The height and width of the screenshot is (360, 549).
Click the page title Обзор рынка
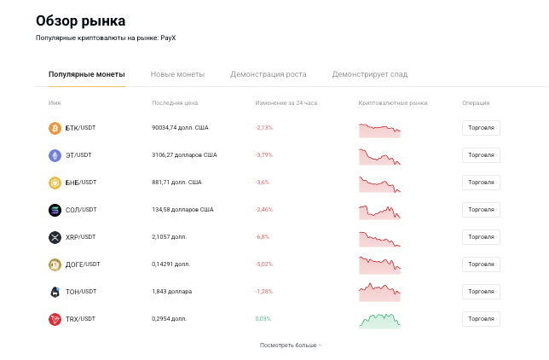click(80, 20)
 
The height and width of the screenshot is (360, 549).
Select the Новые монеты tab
click(177, 74)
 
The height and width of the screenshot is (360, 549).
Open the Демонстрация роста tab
click(268, 74)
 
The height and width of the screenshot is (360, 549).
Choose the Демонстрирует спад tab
click(369, 74)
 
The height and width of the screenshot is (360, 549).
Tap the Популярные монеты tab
click(86, 74)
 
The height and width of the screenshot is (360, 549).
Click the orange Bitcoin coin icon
click(55, 128)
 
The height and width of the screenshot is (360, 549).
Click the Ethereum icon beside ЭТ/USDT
click(55, 155)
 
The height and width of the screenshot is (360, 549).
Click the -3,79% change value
click(263, 155)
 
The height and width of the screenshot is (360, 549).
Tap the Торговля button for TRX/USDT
click(481, 319)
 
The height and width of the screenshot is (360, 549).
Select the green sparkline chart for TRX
click(379, 320)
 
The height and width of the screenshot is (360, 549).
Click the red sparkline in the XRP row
click(379, 238)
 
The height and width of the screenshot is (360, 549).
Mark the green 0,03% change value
click(263, 319)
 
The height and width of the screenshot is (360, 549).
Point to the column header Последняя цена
click(175, 103)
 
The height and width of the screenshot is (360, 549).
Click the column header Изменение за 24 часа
click(286, 103)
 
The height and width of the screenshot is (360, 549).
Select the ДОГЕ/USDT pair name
click(83, 264)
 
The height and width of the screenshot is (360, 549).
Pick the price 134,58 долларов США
click(182, 210)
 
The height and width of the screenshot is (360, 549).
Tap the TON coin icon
click(55, 292)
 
